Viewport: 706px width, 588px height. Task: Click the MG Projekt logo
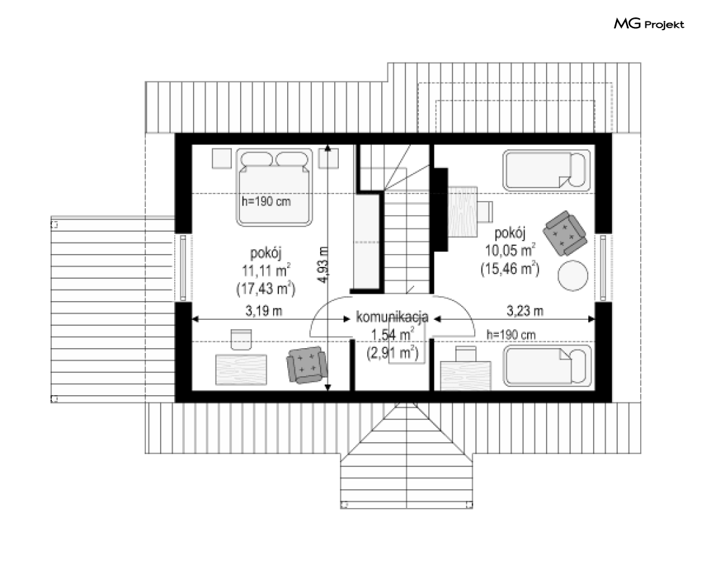click(x=649, y=24)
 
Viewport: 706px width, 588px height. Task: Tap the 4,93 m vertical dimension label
click(x=323, y=265)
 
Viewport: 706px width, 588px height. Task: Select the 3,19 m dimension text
click(x=264, y=310)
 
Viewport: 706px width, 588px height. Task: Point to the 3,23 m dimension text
click(x=525, y=310)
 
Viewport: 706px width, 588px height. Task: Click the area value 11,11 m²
click(x=266, y=271)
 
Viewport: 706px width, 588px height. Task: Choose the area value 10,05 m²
click(x=510, y=250)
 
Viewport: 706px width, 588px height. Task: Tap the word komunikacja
click(x=392, y=317)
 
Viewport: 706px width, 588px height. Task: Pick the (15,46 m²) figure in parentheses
click(x=510, y=269)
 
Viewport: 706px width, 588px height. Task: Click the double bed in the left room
click(x=274, y=187)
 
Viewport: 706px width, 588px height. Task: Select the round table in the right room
click(x=573, y=276)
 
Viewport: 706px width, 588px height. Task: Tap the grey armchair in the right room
click(x=565, y=233)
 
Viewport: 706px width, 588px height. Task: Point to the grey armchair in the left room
click(x=307, y=364)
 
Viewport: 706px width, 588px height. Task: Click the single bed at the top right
click(x=547, y=170)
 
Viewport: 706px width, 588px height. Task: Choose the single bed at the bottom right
click(x=547, y=366)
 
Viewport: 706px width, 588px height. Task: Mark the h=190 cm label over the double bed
click(x=266, y=201)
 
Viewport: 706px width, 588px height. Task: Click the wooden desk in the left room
click(x=241, y=370)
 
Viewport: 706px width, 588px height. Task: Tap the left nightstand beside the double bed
click(x=221, y=159)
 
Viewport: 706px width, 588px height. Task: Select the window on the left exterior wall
click(x=183, y=267)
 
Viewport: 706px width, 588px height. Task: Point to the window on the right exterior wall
click(x=603, y=267)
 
